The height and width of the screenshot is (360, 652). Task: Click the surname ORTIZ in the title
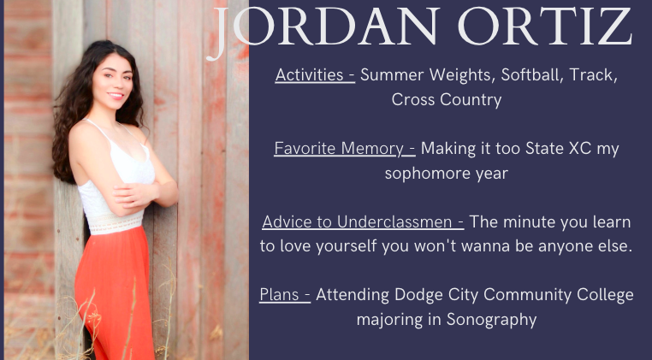click(x=556, y=29)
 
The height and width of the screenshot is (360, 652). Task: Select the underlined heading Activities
click(x=315, y=75)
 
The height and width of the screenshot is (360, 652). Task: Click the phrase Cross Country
click(x=446, y=100)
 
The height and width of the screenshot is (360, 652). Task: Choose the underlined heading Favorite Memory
click(x=344, y=149)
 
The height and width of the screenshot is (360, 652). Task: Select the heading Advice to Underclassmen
click(x=363, y=222)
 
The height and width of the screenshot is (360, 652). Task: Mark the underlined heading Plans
click(x=284, y=296)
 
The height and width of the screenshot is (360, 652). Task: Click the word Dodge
click(x=418, y=296)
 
